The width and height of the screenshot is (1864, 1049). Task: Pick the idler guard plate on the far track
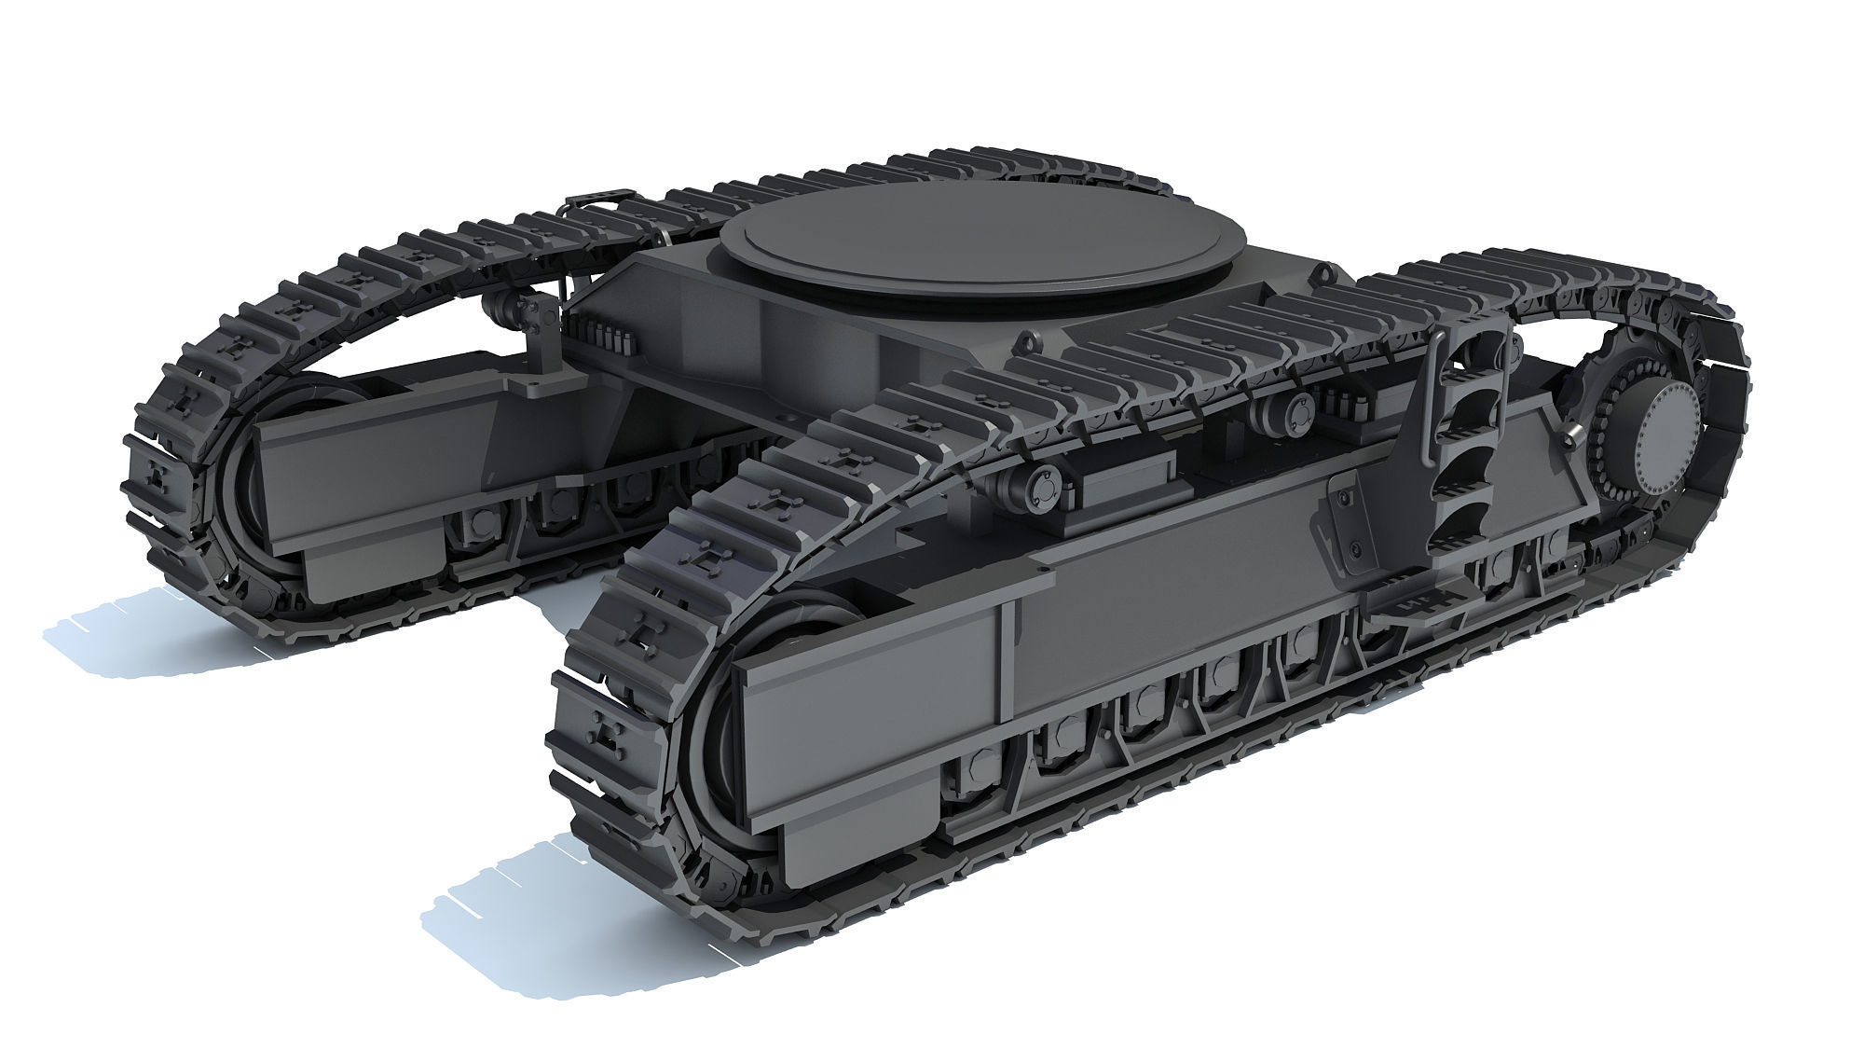click(317, 476)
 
